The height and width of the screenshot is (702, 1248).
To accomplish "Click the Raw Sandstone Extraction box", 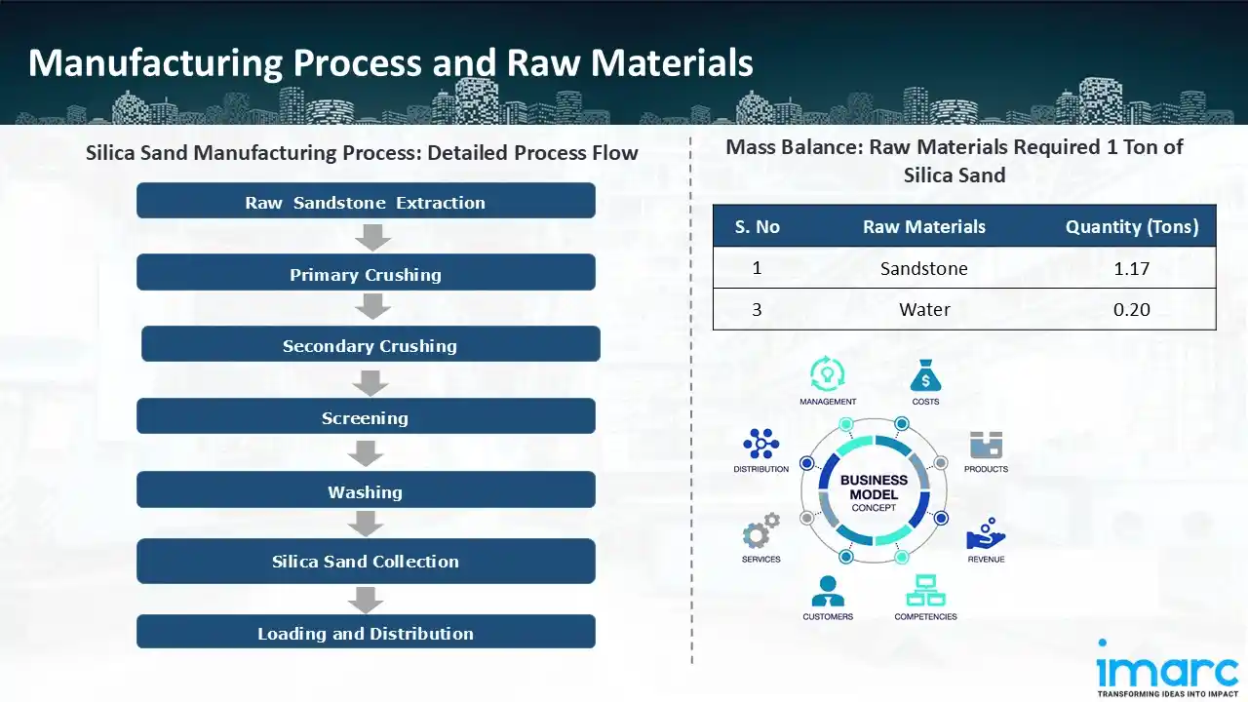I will click(x=366, y=202).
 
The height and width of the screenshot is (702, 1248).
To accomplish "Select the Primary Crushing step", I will click(x=366, y=274).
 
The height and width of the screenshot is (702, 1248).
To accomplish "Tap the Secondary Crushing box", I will click(x=370, y=345).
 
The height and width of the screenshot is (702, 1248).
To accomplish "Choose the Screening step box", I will click(x=366, y=417).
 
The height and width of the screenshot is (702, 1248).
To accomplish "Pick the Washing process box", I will click(x=366, y=491).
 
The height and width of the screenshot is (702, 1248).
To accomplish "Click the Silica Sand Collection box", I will click(x=366, y=562).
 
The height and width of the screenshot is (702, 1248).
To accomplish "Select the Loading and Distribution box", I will click(x=366, y=633).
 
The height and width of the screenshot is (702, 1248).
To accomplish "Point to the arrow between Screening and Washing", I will click(x=366, y=453).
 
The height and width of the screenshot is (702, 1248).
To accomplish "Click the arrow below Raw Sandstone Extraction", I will click(x=372, y=237).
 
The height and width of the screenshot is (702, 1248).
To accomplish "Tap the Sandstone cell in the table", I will click(x=923, y=268).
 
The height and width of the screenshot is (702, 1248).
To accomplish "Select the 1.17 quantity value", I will click(x=1131, y=268).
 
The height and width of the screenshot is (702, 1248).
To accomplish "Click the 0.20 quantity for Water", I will click(x=1131, y=310).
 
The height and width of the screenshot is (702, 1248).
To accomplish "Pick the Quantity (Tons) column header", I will click(x=1131, y=227).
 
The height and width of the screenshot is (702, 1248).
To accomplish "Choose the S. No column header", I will click(x=758, y=227).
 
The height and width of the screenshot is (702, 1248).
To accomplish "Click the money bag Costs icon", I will click(x=925, y=375).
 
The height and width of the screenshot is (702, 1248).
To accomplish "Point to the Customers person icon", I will click(x=828, y=591).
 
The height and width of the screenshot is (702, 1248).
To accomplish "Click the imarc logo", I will click(x=1168, y=669).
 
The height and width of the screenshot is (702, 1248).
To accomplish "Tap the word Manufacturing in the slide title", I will click(x=154, y=62).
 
